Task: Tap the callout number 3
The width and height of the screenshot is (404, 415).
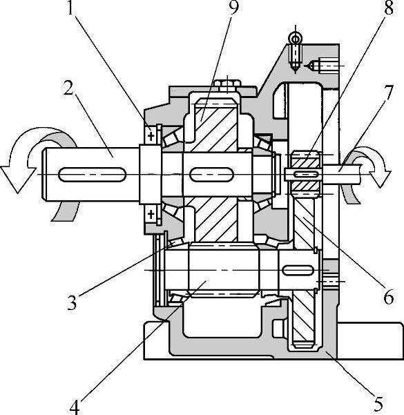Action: [72, 302]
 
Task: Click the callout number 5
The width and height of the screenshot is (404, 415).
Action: [378, 404]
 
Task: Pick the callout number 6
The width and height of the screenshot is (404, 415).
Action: [388, 297]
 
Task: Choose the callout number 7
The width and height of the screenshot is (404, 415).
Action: [389, 93]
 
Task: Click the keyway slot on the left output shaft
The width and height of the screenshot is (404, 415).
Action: [92, 175]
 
